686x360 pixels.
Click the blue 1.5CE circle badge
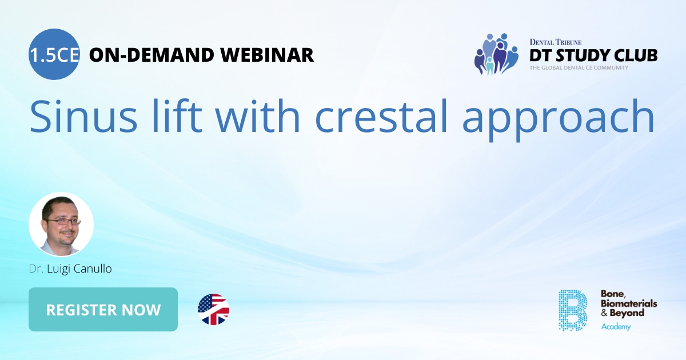(54, 54)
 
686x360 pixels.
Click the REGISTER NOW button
(103, 310)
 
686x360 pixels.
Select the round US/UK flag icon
(213, 310)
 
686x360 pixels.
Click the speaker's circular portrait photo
(61, 224)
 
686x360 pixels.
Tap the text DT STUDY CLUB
(593, 55)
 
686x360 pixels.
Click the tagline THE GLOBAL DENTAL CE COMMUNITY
(579, 68)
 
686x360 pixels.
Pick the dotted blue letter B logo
(572, 310)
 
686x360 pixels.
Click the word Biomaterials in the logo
(628, 303)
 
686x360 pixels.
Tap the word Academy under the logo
(616, 326)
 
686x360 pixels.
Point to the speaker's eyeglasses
(63, 221)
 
